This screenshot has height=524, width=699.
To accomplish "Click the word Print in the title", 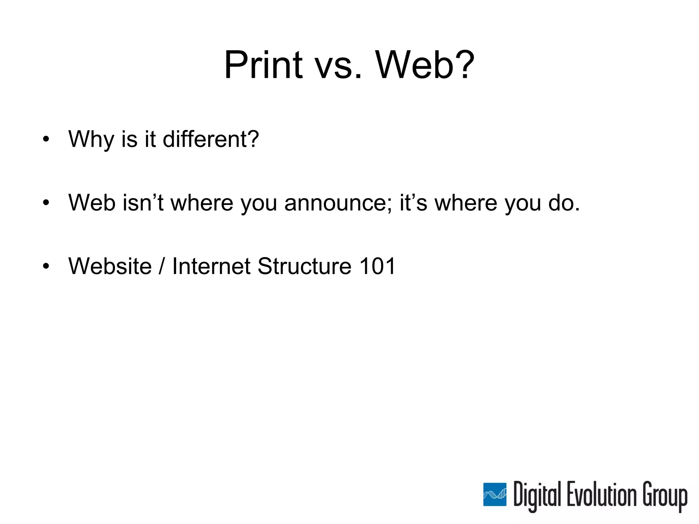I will (263, 65).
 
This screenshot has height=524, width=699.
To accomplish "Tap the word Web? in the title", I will (425, 65).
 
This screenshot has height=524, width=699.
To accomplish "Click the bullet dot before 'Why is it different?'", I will (46, 140).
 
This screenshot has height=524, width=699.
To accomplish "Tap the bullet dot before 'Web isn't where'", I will (46, 203).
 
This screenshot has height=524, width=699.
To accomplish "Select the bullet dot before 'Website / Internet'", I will (46, 266).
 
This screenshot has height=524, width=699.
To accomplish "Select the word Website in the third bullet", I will (110, 266).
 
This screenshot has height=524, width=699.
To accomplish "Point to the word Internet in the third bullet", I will (211, 266).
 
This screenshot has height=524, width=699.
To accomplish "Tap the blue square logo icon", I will (495, 495).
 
